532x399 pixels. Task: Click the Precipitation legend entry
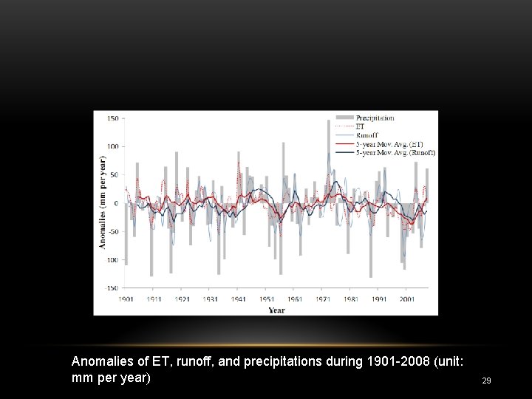point(375,118)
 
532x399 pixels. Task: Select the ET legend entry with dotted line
point(360,127)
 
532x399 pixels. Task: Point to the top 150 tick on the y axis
point(113,118)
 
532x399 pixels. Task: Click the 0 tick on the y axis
point(116,203)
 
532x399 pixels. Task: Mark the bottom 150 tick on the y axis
point(113,288)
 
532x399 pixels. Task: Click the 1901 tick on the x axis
point(126,299)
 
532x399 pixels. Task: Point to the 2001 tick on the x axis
point(406,299)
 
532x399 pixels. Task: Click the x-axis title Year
point(276,310)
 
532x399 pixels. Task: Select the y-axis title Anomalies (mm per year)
point(103,202)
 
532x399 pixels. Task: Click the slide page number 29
point(486,381)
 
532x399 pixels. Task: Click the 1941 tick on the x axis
point(238,299)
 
